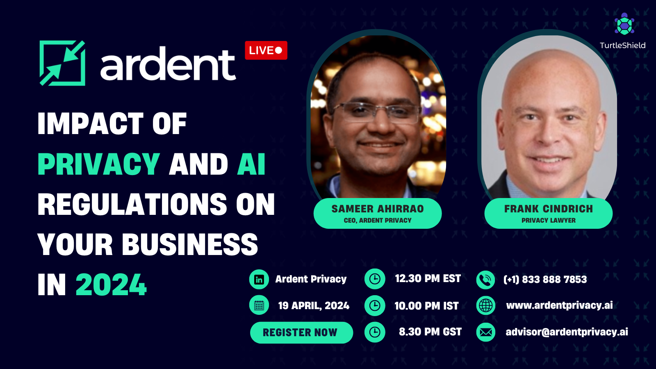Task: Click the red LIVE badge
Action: coord(266,50)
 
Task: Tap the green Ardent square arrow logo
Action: coord(62,63)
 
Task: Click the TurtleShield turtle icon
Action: coord(624,24)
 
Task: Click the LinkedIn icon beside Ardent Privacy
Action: coord(259,279)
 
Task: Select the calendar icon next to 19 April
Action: coord(259,305)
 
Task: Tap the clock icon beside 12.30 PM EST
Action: coord(375,279)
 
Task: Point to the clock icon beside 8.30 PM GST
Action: coord(375,332)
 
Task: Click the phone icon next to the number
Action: coord(485,280)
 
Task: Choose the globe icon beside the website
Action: coord(485,305)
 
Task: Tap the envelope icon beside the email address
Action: coord(485,332)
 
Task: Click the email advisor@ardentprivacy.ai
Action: coord(567,332)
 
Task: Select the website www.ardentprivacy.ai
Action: coord(559,305)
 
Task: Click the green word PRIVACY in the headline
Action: coord(99,164)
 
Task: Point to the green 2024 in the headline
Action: coord(111,285)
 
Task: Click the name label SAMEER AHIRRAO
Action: coord(378,209)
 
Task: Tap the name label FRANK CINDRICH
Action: coord(549,209)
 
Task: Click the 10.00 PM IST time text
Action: coord(426,306)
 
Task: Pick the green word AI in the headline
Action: coord(251,164)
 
